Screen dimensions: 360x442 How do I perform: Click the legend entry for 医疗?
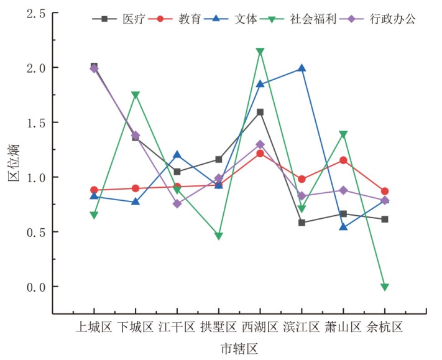pos(119,19)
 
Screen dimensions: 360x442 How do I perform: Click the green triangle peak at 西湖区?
pos(260,52)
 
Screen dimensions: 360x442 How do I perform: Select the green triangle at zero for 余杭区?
pos(385,287)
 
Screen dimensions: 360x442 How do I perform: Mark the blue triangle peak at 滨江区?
pos(302,68)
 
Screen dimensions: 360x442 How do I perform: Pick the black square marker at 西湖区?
pos(260,112)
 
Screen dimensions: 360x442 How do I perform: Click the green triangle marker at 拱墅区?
pos(218,236)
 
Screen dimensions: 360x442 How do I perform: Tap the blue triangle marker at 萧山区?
pos(343,227)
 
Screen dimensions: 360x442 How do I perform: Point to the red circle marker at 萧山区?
pos(343,160)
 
